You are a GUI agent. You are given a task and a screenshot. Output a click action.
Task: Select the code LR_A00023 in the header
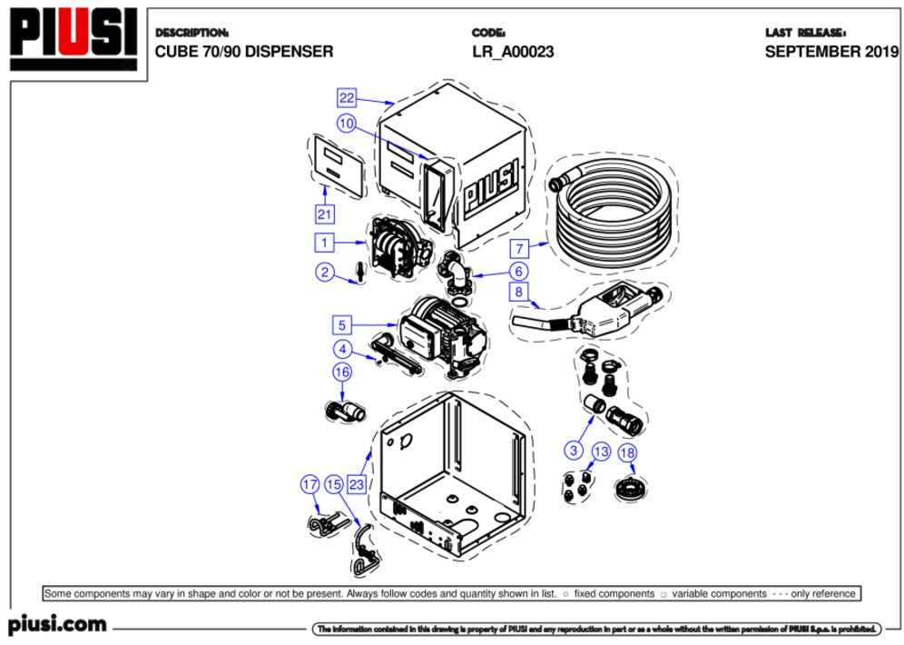pos(513,52)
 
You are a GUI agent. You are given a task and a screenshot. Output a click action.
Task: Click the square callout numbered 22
pos(346,97)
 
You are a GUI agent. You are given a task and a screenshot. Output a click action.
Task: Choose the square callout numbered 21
pos(325,214)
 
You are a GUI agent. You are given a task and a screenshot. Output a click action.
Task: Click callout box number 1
pos(324,243)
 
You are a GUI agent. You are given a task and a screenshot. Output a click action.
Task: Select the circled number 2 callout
pos(324,271)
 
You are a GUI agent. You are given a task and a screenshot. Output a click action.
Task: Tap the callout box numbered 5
pos(341,324)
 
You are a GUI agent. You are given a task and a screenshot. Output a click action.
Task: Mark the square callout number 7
pos(518,247)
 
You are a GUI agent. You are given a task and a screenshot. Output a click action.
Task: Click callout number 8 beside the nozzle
pos(518,292)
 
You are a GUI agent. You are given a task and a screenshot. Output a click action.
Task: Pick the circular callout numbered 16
pos(341,372)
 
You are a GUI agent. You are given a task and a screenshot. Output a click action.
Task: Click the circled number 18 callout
pos(626,451)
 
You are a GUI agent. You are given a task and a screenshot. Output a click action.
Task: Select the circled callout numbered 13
pos(601,451)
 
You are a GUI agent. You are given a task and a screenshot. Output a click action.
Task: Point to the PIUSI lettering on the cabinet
pos(491,187)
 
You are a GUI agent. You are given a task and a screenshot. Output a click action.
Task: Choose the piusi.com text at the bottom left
pos(57,625)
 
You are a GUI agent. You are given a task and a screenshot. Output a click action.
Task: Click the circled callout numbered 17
pos(310,484)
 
